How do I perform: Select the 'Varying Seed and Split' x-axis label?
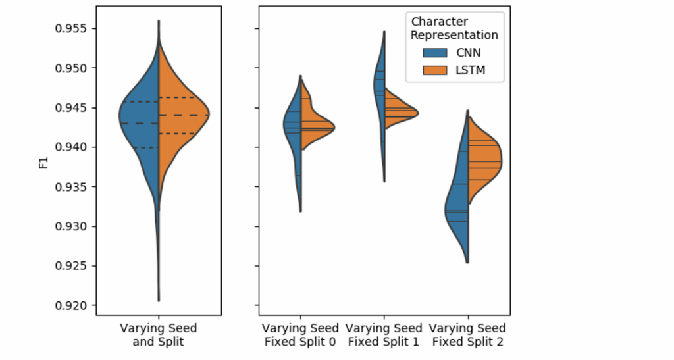click(159, 334)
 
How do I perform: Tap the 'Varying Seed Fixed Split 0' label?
click(300, 334)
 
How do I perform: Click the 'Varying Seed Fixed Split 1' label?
click(384, 334)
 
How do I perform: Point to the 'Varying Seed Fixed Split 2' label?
click(467, 334)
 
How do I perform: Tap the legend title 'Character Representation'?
click(454, 28)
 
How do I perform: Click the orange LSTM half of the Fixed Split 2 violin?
click(484, 161)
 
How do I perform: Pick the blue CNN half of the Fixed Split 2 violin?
click(459, 211)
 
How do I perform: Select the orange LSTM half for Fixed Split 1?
click(398, 113)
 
